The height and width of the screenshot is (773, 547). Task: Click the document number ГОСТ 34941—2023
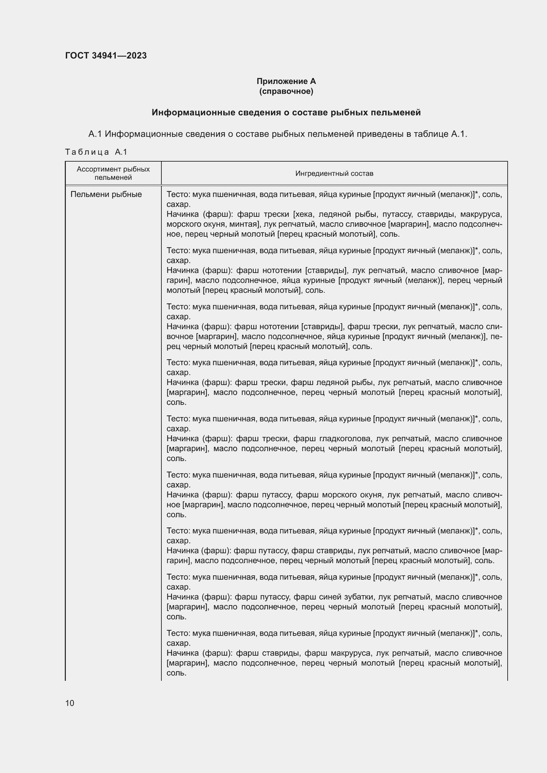click(106, 56)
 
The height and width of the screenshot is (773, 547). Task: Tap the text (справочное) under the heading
click(286, 91)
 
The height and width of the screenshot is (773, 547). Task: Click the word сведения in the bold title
click(260, 112)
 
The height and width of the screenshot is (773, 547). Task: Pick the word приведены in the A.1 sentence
click(380, 134)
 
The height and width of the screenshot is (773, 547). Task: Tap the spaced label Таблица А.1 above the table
click(96, 152)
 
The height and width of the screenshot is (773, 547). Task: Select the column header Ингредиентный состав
click(334, 174)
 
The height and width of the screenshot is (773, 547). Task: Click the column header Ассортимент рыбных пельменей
click(113, 174)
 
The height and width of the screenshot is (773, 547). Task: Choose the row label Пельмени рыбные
click(106, 195)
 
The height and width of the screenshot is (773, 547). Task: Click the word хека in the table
click(304, 214)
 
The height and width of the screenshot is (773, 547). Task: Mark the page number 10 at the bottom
click(70, 703)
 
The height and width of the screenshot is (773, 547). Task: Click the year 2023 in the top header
click(137, 56)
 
